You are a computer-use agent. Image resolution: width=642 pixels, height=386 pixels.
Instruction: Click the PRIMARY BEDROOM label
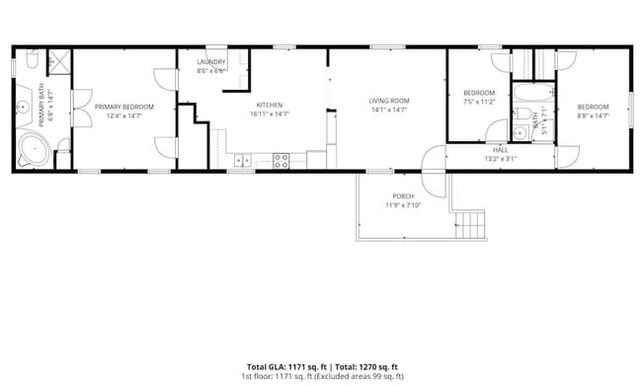(x=124, y=107)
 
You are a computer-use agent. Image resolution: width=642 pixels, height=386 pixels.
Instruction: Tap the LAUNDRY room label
(x=211, y=62)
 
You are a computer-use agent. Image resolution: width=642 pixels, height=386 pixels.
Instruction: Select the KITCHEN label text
(x=270, y=105)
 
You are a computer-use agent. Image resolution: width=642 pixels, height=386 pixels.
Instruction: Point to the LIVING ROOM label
(x=389, y=101)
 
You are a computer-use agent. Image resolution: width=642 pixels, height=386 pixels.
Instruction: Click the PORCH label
(x=403, y=195)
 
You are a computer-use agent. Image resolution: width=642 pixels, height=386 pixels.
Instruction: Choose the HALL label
(x=501, y=150)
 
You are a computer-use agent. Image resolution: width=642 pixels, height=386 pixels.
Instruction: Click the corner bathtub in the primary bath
(x=33, y=150)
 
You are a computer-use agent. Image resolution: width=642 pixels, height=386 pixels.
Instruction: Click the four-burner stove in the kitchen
(x=281, y=159)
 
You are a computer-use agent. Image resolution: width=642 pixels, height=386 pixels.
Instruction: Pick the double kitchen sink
(x=243, y=159)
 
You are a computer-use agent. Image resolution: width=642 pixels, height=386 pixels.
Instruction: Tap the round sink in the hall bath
(x=520, y=132)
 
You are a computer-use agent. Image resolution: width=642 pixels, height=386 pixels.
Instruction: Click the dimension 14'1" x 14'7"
(x=389, y=110)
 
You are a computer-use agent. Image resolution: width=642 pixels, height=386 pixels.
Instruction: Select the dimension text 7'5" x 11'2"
(x=479, y=101)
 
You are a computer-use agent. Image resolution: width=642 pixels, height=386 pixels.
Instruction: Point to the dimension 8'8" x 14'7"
(x=593, y=116)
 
